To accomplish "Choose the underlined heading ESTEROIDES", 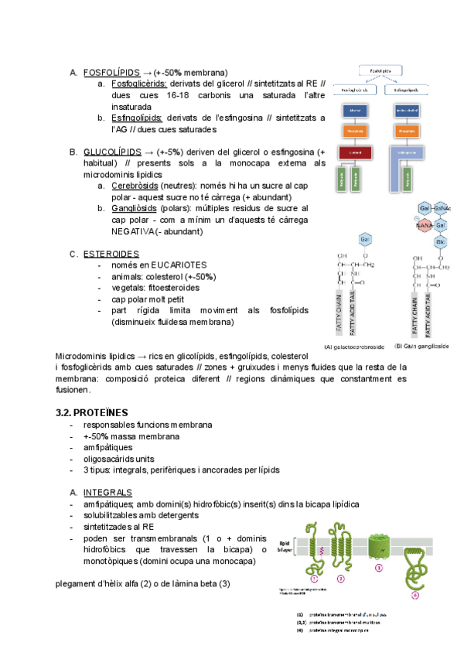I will (x=111, y=254).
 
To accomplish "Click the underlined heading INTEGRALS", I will (x=107, y=493).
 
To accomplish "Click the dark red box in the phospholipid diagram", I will (x=355, y=152).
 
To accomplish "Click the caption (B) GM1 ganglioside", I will (x=421, y=346).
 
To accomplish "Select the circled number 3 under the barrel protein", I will (x=379, y=567).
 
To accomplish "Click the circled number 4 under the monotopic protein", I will (x=415, y=595).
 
